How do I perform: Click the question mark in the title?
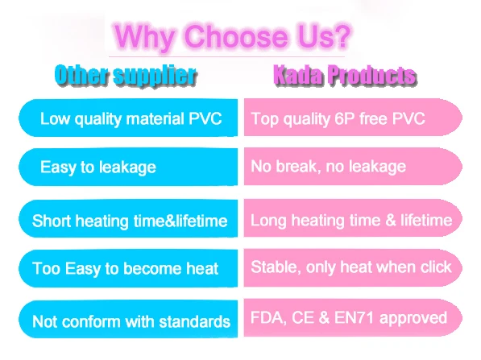pos(341,36)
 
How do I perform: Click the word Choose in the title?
pos(236,36)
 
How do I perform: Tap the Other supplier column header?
pos(126,75)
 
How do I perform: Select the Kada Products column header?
pos(345,75)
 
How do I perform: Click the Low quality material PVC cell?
pos(128,118)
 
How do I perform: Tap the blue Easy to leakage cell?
pos(128,167)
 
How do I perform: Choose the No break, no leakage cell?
pos(353,166)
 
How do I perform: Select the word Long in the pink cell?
pos(268,221)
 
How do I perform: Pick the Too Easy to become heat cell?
pos(128,268)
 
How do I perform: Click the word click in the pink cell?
pos(436,267)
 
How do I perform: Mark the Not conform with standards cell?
pos(128,319)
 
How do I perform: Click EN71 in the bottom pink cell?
pos(354,317)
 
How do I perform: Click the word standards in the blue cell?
pos(195,321)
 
